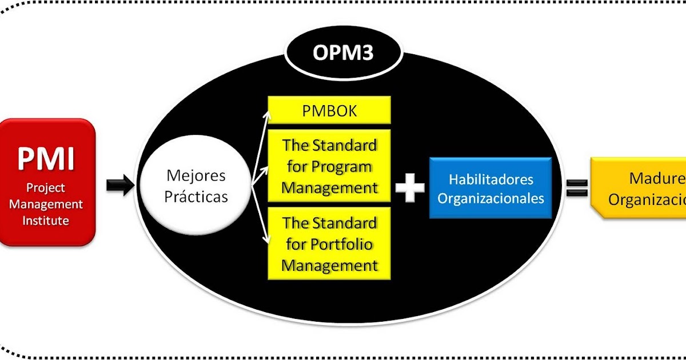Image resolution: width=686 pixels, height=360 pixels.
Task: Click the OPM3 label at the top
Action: pos(343,53)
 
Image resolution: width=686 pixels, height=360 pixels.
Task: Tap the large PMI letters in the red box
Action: pos(46,159)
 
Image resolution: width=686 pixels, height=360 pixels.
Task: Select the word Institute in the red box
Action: pos(46,220)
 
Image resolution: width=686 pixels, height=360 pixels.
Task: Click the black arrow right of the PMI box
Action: pos(119,186)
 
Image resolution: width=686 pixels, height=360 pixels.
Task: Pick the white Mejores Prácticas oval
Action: pos(196,186)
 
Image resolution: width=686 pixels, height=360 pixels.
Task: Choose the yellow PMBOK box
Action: pos(329,110)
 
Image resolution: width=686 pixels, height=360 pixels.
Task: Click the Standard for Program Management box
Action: pos(329,166)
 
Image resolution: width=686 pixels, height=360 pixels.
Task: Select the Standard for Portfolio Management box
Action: pos(329,244)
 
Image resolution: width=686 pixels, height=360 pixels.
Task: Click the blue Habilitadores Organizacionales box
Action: pos(490,189)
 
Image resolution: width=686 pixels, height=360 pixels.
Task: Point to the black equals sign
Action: pos(577,187)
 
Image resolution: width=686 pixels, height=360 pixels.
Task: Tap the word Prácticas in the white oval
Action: pos(196,197)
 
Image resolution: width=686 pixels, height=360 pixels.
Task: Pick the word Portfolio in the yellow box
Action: pos(341,245)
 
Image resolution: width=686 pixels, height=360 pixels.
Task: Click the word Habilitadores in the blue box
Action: pos(490,179)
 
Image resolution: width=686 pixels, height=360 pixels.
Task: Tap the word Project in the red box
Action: pos(46,188)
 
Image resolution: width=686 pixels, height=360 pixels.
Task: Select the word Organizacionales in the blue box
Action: pos(490,199)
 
